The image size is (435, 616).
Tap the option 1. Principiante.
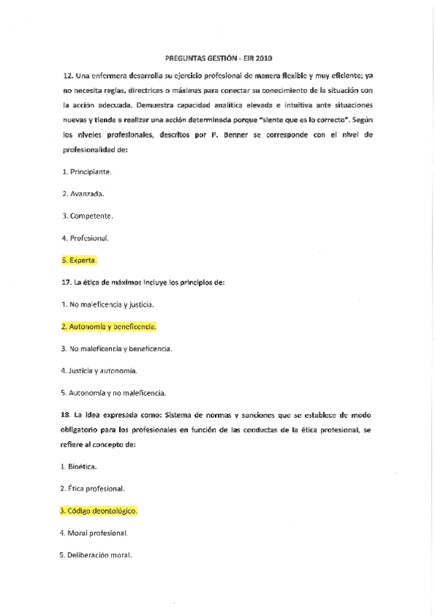pyautogui.click(x=86, y=171)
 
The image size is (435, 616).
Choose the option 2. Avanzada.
pyautogui.click(x=83, y=193)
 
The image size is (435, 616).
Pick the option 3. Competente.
pyautogui.click(x=87, y=216)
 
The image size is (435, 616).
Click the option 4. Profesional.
pyautogui.click(x=86, y=238)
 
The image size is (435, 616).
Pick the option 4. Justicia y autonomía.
pyautogui.click(x=99, y=370)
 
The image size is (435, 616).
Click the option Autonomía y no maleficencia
pyautogui.click(x=114, y=393)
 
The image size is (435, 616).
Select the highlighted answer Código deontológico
pyautogui.click(x=99, y=511)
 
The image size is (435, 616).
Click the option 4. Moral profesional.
pyautogui.click(x=94, y=533)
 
